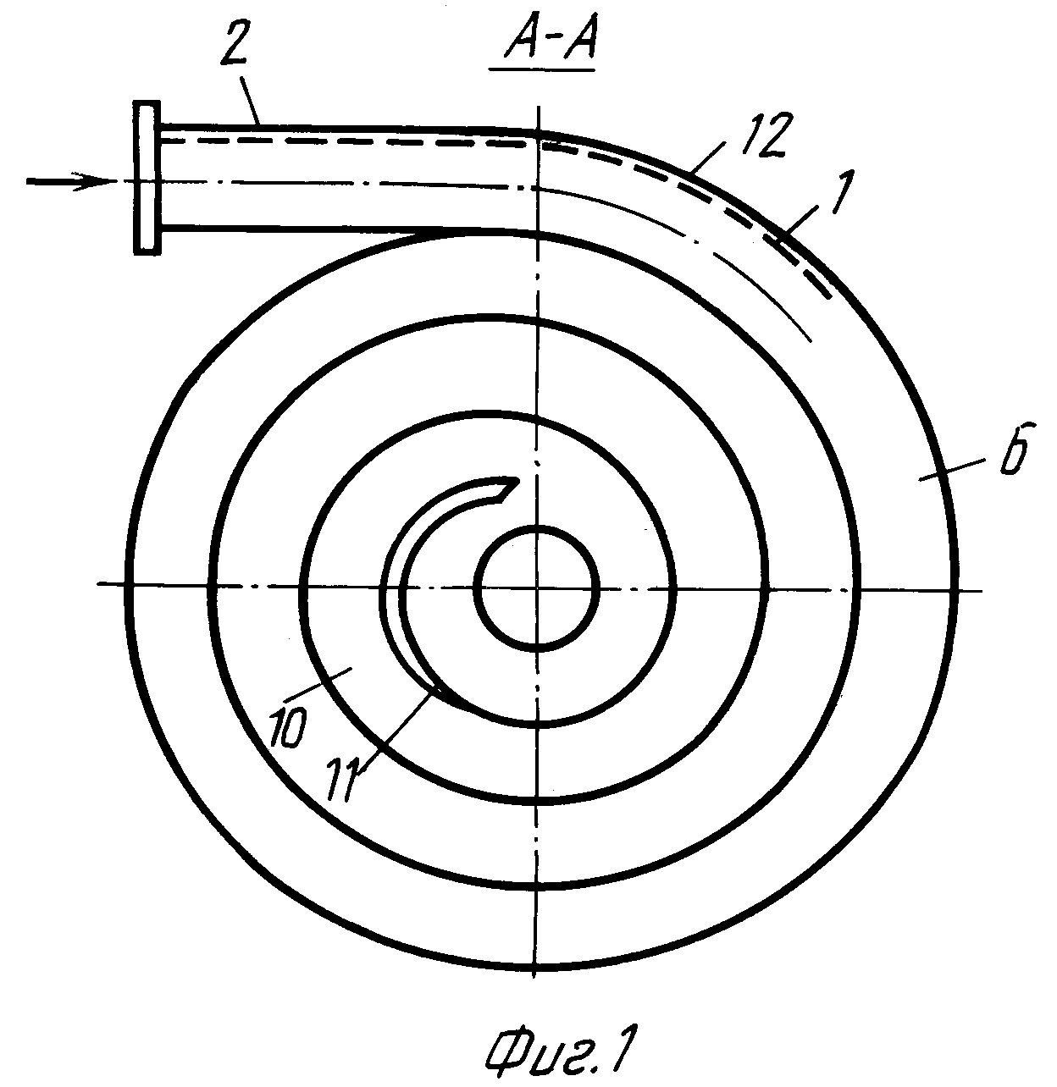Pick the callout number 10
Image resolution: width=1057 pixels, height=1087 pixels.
point(289,730)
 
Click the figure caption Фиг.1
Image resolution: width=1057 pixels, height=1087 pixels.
point(558,1045)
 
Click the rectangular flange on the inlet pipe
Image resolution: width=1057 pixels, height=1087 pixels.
point(147,178)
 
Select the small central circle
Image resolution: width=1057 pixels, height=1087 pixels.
point(537,588)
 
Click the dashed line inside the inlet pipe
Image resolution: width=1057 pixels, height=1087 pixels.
point(346,142)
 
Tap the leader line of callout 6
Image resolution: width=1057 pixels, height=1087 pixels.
point(950,468)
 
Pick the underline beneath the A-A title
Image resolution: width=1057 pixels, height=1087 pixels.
point(542,69)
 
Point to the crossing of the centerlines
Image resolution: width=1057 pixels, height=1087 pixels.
point(537,588)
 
